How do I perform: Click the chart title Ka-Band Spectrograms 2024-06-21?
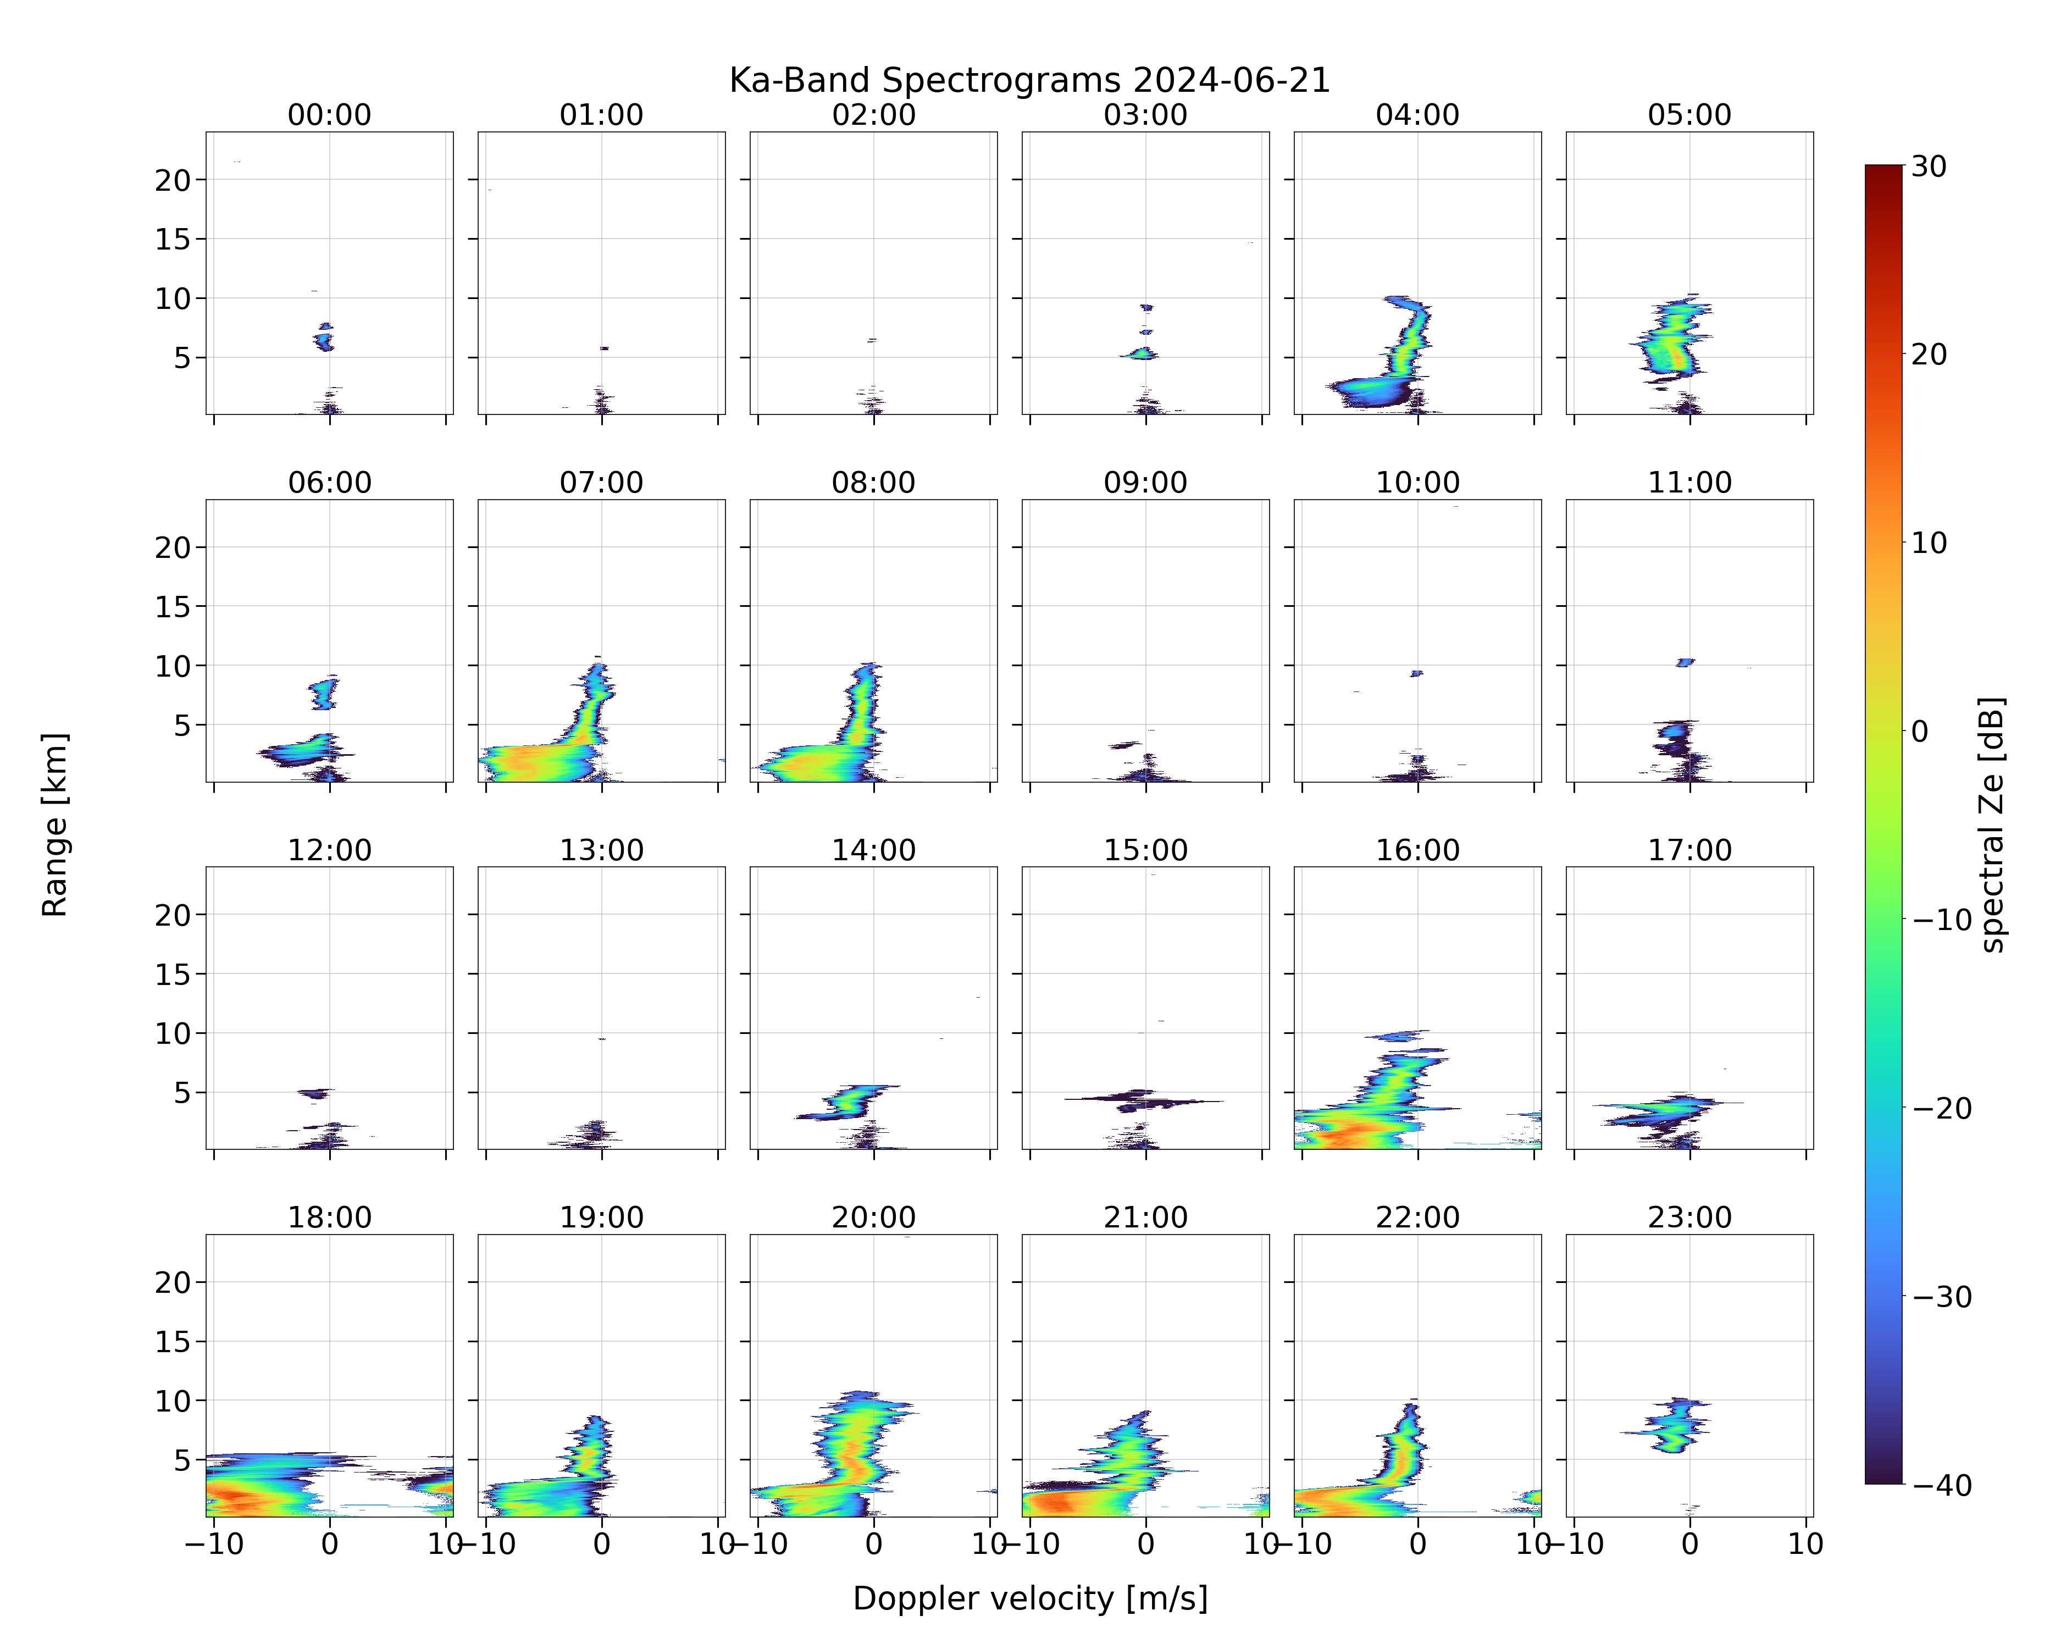click(1029, 80)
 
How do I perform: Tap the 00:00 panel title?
click(330, 115)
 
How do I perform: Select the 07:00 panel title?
click(601, 483)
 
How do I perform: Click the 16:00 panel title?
click(1417, 850)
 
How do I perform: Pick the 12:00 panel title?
click(330, 850)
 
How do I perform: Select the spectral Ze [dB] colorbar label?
click(1992, 825)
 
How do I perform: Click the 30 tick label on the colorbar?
click(1929, 167)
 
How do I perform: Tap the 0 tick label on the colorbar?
click(1920, 731)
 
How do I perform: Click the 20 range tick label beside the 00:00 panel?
click(173, 180)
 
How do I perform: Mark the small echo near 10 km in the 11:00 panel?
click(1685, 661)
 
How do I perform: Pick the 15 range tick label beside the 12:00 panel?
click(173, 974)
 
